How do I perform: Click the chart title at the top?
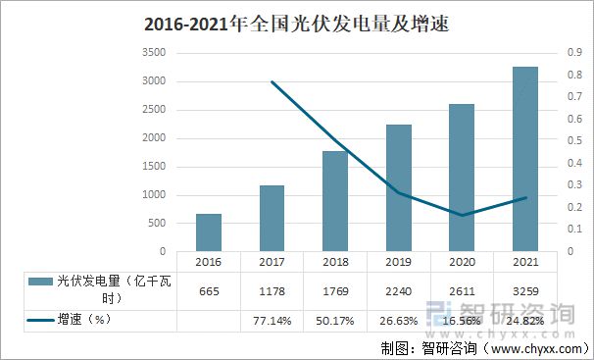(297, 23)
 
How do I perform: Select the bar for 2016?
(208, 232)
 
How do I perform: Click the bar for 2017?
(272, 218)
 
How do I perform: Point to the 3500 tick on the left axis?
(154, 53)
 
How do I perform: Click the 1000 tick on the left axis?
(154, 195)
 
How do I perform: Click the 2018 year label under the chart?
(336, 262)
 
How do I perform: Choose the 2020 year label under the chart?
(464, 262)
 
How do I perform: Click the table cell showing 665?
(208, 290)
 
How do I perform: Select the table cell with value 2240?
(400, 290)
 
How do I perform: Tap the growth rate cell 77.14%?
(272, 321)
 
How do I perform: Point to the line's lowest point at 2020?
(464, 215)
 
